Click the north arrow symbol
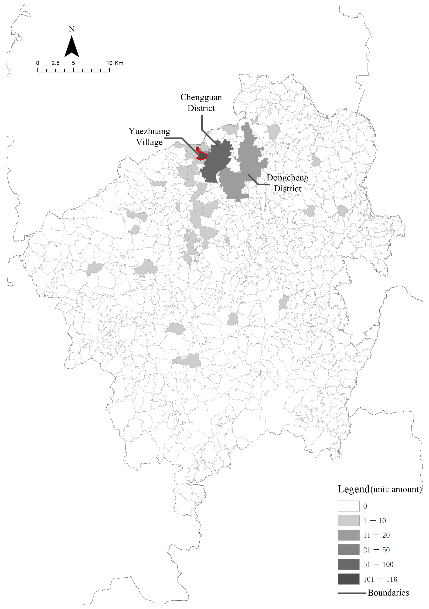click(72, 47)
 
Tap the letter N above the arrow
click(72, 29)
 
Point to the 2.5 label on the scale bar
click(55, 63)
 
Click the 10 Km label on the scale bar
click(115, 63)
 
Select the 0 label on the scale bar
click(38, 63)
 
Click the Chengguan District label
click(201, 103)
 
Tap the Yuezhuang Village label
click(149, 137)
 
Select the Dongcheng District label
click(287, 183)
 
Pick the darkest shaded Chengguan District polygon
click(216, 162)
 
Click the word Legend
click(353, 489)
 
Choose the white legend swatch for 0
click(348, 506)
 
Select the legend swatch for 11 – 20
click(348, 535)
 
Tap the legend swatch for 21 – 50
click(348, 550)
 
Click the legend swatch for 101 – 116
click(348, 579)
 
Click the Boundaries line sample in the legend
click(351, 593)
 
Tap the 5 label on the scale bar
click(74, 63)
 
